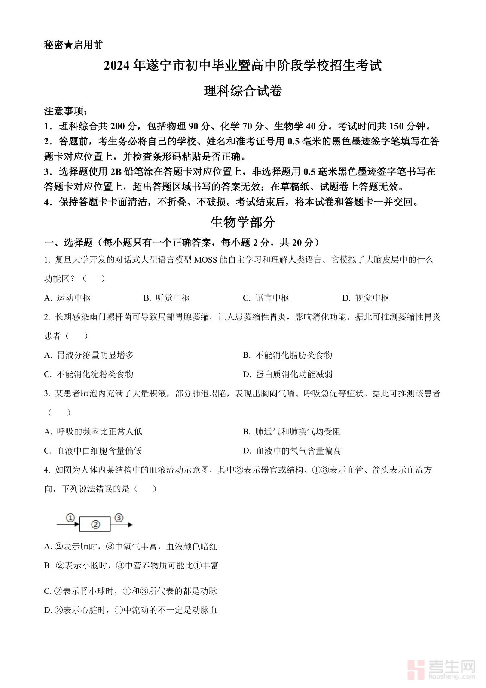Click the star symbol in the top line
[68, 45]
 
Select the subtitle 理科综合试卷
[243, 91]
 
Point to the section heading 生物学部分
[243, 222]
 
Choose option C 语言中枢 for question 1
[266, 298]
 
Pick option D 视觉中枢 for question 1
[366, 298]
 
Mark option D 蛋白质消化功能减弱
[287, 374]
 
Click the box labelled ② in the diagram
[95, 525]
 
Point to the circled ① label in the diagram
[71, 518]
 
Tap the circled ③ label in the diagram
[119, 518]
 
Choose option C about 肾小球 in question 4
[131, 591]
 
